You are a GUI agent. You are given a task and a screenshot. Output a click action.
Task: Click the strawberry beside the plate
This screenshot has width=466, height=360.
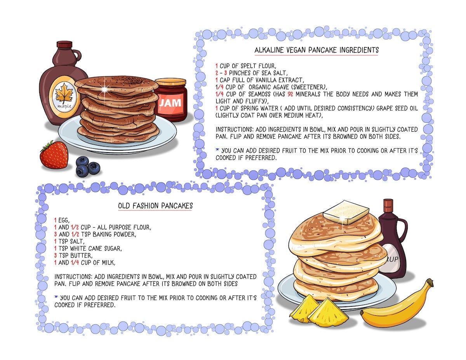(x=54, y=155)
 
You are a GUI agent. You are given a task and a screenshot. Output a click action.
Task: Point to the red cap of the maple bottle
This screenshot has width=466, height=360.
(x=64, y=44)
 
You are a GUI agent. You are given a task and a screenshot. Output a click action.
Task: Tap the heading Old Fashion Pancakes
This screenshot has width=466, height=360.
(x=155, y=206)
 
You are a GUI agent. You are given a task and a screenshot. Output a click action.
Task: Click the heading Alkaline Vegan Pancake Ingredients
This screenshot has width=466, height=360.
(x=316, y=50)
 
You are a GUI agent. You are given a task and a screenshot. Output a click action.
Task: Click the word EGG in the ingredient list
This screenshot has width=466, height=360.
(x=63, y=220)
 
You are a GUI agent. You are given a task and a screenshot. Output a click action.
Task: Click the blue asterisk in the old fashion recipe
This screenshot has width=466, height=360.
(x=56, y=297)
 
